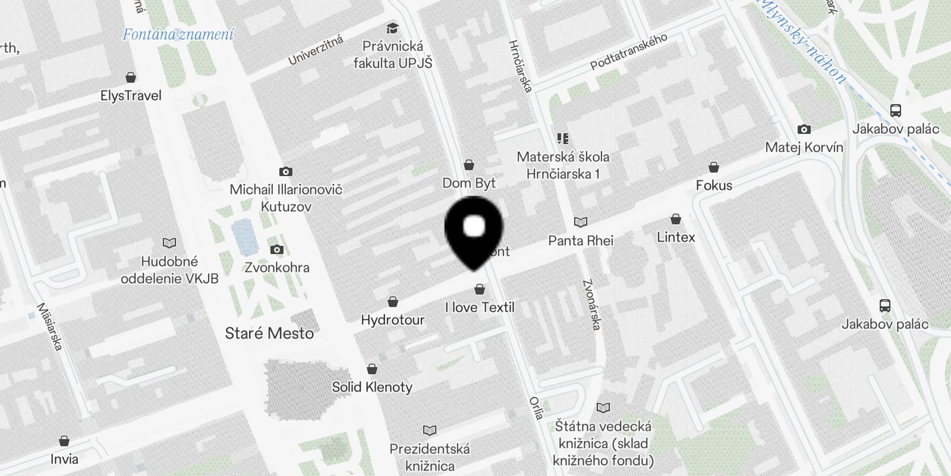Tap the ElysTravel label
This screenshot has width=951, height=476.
point(131,95)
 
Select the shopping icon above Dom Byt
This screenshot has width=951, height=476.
point(469,165)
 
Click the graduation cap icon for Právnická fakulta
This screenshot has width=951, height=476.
point(392,28)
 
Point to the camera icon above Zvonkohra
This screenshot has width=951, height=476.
point(276,250)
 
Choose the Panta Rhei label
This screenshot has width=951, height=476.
point(580,240)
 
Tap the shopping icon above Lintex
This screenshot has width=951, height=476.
point(676,219)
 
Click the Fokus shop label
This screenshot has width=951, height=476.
point(714,185)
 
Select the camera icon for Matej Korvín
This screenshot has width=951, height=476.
point(804,129)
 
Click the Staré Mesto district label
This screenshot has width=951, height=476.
point(269,333)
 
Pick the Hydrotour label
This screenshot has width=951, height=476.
point(392,320)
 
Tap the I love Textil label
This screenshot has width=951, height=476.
point(480,307)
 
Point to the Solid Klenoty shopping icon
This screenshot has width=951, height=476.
point(372,369)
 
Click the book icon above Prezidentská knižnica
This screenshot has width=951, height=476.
point(430,430)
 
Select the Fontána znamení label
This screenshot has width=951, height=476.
point(178,35)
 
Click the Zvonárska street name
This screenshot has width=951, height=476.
point(592,305)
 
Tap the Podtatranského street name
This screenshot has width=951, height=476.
point(628,51)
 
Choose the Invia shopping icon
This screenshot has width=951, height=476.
point(64,441)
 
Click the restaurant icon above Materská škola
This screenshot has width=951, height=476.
point(563,139)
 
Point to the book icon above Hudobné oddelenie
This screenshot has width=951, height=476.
point(169,243)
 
